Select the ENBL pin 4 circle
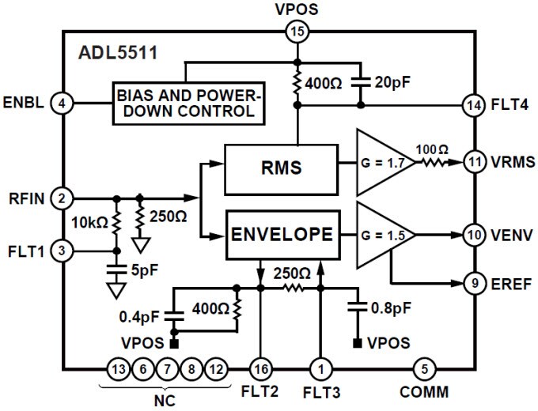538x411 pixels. coord(61,102)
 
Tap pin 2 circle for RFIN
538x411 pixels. coord(61,197)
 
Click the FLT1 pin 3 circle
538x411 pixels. coord(61,251)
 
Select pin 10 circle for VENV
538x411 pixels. coord(474,234)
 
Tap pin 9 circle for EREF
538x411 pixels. coord(474,283)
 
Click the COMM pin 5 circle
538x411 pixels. coord(424,368)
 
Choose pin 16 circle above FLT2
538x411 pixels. coord(260,368)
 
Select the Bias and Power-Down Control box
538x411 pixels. coord(188,102)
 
